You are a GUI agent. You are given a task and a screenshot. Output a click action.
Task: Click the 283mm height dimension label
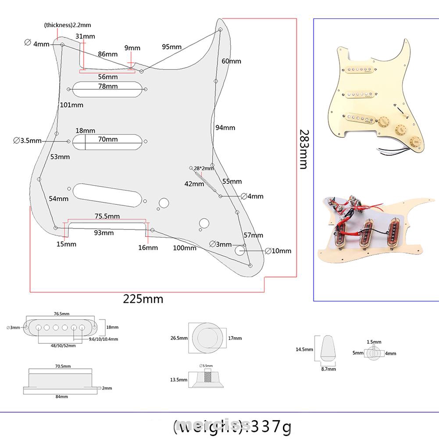click(303, 149)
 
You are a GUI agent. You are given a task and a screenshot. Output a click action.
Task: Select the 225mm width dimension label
click(143, 299)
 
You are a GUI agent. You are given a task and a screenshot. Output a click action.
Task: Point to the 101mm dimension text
click(71, 105)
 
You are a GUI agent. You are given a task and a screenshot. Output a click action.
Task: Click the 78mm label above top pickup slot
click(107, 86)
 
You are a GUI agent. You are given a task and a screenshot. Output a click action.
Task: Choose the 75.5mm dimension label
click(107, 216)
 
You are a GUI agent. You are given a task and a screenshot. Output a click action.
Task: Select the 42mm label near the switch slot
click(194, 184)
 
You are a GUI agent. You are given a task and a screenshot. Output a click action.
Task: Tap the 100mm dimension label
click(184, 248)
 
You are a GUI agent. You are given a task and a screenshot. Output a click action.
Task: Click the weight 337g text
click(232, 425)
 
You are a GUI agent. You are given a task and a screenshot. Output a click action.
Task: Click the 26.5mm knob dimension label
click(179, 338)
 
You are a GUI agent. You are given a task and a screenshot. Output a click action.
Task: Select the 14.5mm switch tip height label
click(304, 350)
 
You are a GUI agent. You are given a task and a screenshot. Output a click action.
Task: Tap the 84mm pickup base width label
click(61, 396)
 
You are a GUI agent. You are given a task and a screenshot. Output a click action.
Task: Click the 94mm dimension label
click(225, 128)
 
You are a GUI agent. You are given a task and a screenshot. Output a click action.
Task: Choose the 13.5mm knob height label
click(179, 379)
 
